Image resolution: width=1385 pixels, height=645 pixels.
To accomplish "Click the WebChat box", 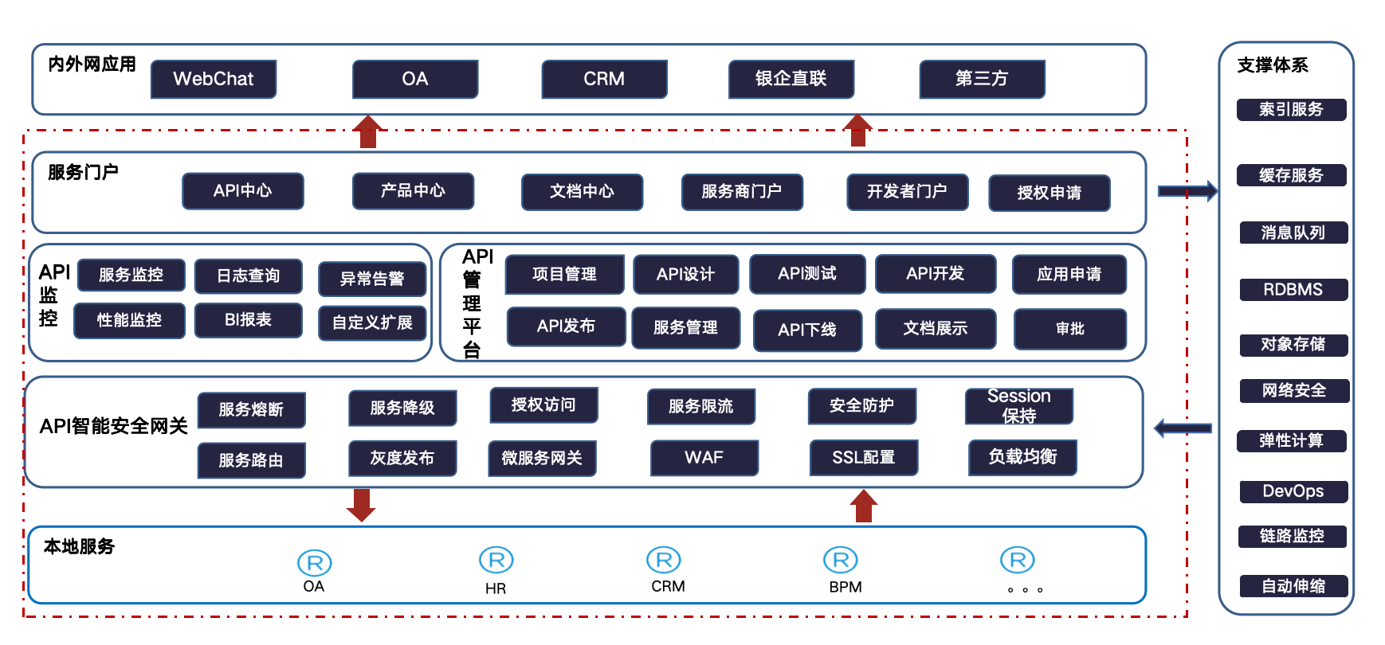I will (214, 79).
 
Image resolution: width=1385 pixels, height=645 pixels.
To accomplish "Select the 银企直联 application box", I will (791, 79).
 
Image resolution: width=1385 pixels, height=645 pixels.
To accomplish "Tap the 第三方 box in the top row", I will (982, 79).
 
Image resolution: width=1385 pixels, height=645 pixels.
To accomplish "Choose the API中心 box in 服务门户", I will (243, 191).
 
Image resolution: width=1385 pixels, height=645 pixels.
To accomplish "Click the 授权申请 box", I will (1049, 193).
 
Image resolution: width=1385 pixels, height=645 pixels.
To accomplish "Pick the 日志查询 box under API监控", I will (249, 276).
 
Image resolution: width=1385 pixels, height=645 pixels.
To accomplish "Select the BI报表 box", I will (249, 320).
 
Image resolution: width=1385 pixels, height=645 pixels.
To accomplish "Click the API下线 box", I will (807, 330).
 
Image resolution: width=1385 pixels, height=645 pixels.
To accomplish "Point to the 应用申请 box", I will (1069, 275).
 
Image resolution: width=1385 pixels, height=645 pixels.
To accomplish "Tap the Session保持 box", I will (1018, 406).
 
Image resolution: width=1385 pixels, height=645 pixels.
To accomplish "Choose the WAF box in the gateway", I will (704, 458).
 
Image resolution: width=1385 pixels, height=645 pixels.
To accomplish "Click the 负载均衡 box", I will (1022, 457).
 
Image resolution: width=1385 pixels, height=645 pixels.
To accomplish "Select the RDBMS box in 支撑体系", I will (1293, 290).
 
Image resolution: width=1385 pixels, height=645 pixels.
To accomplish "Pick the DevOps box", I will (1293, 491).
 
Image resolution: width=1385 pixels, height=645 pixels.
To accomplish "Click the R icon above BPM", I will (841, 561).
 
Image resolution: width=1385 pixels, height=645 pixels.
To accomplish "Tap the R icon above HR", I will (496, 561).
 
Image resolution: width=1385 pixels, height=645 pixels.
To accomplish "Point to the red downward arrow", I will (361, 505).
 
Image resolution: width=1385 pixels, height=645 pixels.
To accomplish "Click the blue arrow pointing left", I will (1183, 428).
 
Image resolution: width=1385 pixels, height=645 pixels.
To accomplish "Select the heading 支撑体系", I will (1273, 65).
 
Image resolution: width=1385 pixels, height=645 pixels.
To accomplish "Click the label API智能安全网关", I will (114, 427).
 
